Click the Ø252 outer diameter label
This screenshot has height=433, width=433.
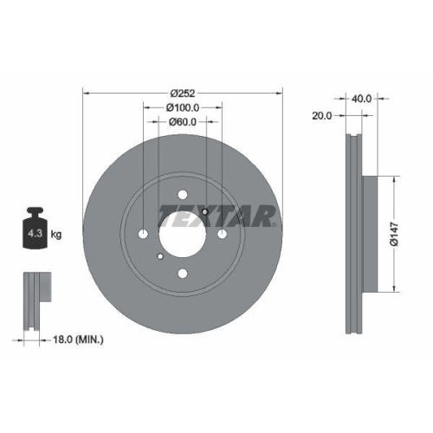pyautogui.click(x=183, y=93)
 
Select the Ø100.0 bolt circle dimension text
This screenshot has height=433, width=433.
pyautogui.click(x=183, y=107)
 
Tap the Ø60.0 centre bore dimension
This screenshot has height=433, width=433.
pyautogui.click(x=183, y=122)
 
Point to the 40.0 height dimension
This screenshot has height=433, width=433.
pyautogui.click(x=362, y=99)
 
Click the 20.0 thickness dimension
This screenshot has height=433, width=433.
pyautogui.click(x=321, y=114)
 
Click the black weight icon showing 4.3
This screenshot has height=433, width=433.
pyautogui.click(x=34, y=229)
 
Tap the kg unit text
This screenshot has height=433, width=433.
pyautogui.click(x=55, y=234)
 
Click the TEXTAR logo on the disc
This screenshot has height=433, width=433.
pyautogui.click(x=216, y=216)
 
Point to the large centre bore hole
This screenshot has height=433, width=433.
pyautogui.click(x=183, y=234)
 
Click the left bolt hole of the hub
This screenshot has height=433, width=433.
pyautogui.click(x=143, y=234)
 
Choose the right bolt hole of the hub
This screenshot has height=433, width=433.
pyautogui.click(x=223, y=234)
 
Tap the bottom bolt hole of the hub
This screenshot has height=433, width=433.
pyautogui.click(x=183, y=274)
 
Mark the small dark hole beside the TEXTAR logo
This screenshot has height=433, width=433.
pyautogui.click(x=203, y=212)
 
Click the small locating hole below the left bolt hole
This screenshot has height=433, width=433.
pyautogui.click(x=160, y=256)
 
